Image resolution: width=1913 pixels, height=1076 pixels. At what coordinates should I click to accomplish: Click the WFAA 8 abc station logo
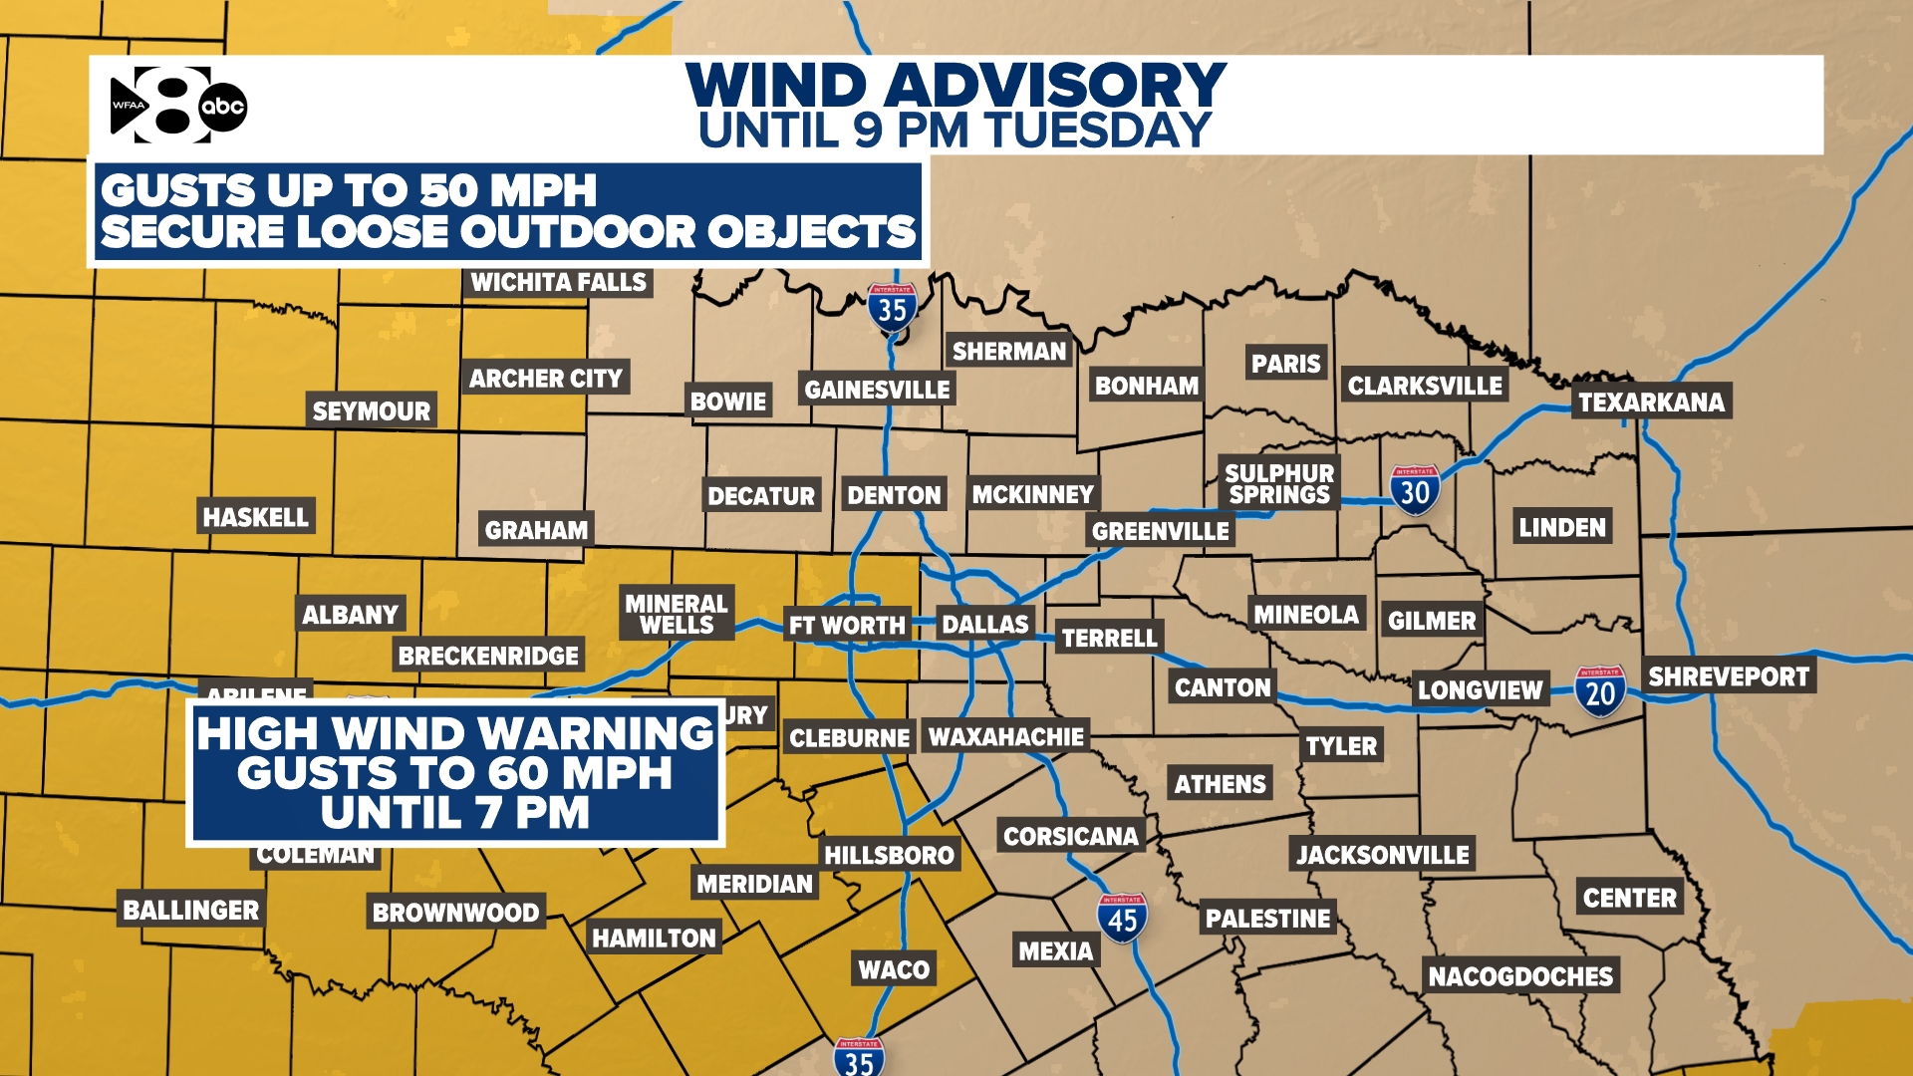(x=177, y=105)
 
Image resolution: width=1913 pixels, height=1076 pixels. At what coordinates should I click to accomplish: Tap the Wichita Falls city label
(x=558, y=283)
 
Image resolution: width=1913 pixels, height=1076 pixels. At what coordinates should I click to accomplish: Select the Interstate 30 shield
(x=1415, y=490)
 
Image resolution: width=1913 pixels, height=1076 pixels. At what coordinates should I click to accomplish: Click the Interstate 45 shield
(x=1122, y=919)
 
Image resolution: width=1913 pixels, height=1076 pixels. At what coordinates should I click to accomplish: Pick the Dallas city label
(x=984, y=625)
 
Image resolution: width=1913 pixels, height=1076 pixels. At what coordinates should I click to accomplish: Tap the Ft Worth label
(x=847, y=626)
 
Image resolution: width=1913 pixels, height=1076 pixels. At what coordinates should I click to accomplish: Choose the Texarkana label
(x=1651, y=403)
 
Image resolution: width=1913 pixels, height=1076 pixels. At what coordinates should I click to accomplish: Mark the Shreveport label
(x=1728, y=677)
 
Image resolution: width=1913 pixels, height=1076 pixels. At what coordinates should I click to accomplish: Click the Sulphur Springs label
(x=1279, y=484)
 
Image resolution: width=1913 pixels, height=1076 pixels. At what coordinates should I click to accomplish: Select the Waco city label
(x=894, y=969)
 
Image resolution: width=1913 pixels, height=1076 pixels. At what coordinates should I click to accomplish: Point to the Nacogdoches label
(x=1520, y=976)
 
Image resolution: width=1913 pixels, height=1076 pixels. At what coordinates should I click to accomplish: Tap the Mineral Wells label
(x=677, y=614)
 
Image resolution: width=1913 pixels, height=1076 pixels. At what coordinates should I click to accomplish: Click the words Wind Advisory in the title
(x=956, y=86)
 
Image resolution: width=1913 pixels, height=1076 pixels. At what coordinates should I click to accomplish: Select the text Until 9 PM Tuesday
(x=955, y=132)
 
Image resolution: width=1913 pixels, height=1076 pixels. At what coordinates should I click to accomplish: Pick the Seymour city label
(x=371, y=411)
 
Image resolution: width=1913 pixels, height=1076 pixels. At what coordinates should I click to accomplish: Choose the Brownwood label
(x=455, y=913)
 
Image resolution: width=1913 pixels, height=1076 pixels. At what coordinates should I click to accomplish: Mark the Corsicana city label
(x=1070, y=836)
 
